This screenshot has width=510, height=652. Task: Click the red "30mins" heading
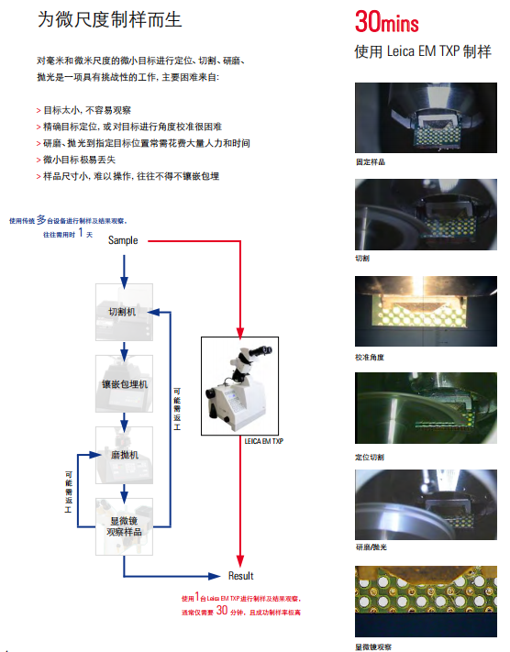[386, 22]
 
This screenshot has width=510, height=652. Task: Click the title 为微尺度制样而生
[109, 19]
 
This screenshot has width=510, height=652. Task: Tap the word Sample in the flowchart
[123, 240]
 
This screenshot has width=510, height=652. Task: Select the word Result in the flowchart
[240, 576]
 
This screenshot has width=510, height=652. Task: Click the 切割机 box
[124, 312]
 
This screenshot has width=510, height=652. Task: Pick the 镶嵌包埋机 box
[124, 383]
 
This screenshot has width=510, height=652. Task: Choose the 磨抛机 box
[124, 455]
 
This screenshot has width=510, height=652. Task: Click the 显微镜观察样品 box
[124, 526]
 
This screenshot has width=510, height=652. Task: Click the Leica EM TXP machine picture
[239, 386]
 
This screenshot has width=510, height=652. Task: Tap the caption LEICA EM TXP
[264, 441]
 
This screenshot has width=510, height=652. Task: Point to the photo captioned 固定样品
[426, 117]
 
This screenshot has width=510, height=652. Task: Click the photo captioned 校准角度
[426, 311]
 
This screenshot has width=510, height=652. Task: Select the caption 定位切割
[370, 457]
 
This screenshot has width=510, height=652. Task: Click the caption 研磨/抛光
[371, 547]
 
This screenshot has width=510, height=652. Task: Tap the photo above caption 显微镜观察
[426, 602]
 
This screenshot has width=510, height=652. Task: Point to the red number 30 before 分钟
[222, 610]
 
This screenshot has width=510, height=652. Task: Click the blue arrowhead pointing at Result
[215, 576]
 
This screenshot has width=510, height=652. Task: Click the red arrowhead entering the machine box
[240, 333]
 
